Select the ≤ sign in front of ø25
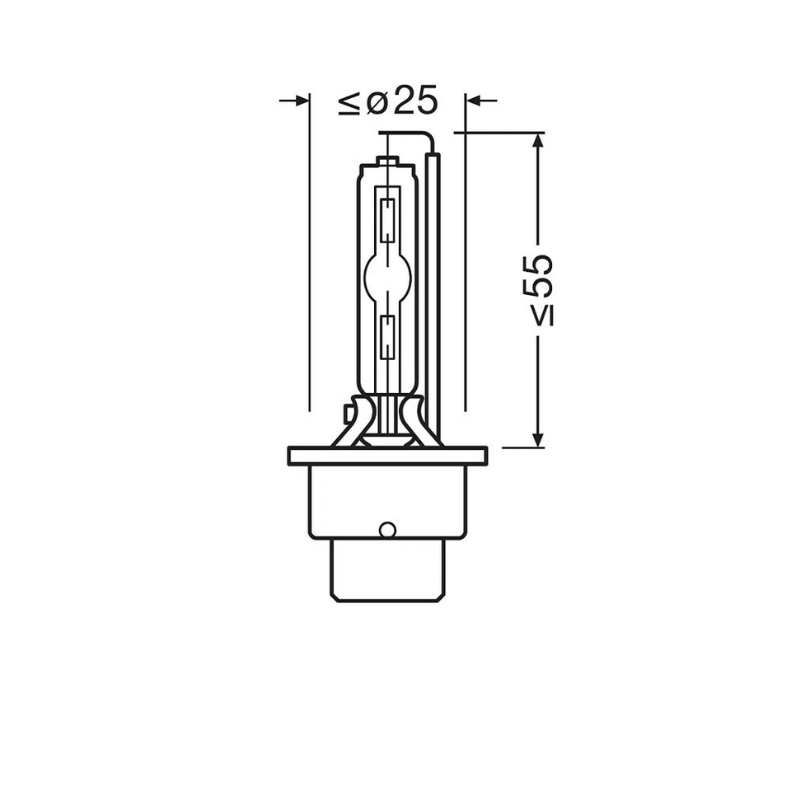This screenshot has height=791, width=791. [349, 103]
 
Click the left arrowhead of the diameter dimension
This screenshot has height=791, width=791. [302, 101]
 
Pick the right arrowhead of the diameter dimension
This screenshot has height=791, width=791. [472, 101]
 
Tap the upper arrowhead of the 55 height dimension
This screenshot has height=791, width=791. [538, 141]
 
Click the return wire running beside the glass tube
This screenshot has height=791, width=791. [434, 288]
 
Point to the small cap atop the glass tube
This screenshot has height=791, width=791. [387, 160]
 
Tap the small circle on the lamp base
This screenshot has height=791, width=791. [387, 529]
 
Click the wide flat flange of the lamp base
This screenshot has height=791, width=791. [387, 456]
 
